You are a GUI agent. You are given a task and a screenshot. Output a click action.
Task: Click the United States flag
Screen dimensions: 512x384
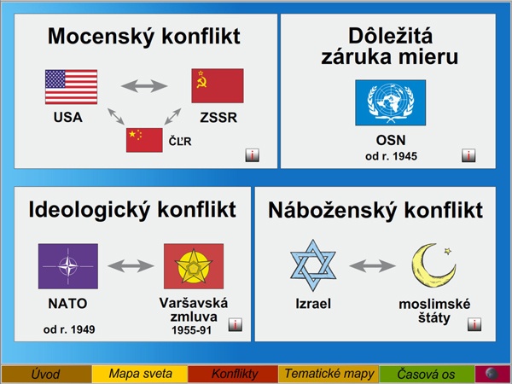tap(71, 87)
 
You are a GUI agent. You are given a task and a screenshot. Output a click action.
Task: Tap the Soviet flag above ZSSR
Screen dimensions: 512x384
tap(218, 85)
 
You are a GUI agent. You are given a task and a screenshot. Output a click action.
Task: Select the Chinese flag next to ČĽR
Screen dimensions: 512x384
tap(144, 140)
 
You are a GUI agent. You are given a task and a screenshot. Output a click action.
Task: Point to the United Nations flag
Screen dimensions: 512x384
tap(391, 102)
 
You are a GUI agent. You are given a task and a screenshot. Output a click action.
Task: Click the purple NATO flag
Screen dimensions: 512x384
tap(68, 266)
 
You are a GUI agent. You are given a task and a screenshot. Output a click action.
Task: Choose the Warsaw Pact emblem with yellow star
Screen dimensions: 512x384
tap(194, 266)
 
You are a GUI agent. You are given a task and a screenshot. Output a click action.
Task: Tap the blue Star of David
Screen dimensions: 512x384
tap(313, 265)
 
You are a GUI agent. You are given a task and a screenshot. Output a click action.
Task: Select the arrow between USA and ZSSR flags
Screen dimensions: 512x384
tap(144, 86)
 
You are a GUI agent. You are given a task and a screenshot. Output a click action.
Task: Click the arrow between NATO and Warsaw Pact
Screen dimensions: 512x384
tap(131, 265)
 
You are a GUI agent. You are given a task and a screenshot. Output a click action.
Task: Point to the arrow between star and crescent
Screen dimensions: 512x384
tap(372, 265)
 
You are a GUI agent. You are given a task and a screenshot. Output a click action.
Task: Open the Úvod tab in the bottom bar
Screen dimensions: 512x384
tap(46, 374)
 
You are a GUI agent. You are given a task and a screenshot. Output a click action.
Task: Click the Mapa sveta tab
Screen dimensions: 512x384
tap(140, 374)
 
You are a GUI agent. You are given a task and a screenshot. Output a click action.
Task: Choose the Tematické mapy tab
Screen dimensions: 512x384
tap(329, 374)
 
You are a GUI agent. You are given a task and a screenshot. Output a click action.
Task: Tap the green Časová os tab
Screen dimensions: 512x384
tap(426, 374)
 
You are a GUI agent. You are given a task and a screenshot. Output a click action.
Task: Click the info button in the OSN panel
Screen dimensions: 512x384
tap(468, 155)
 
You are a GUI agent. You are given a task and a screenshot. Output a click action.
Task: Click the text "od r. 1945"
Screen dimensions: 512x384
tap(391, 156)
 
